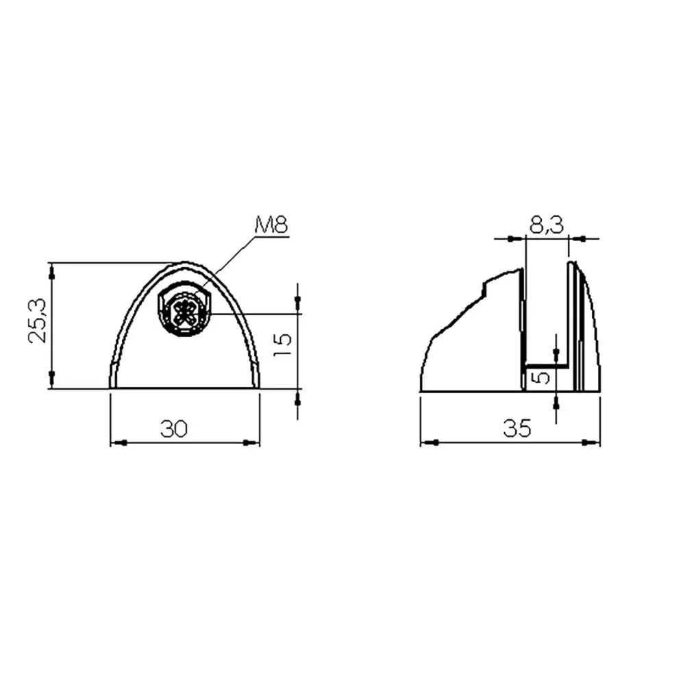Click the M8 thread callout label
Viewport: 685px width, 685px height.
click(271, 225)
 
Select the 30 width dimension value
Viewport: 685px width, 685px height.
click(174, 429)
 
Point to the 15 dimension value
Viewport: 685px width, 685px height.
click(282, 345)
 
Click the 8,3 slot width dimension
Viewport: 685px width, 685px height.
click(547, 225)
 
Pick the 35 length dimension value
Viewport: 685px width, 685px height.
click(517, 429)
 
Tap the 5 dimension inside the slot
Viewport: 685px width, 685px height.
click(542, 377)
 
